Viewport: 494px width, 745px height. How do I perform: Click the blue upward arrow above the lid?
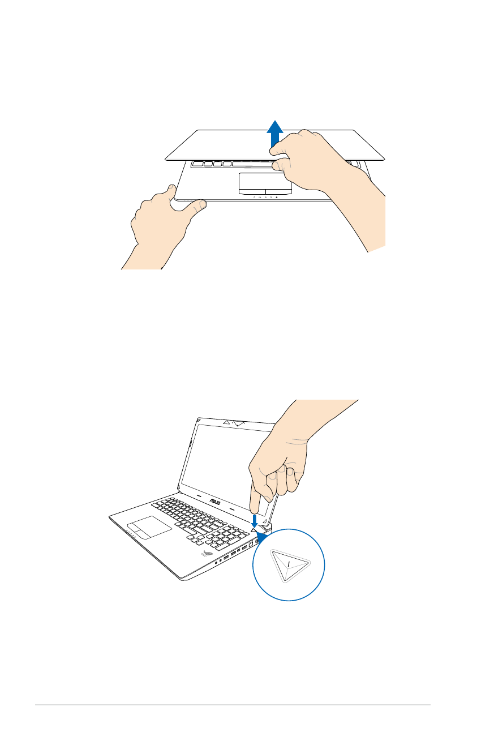275,134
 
